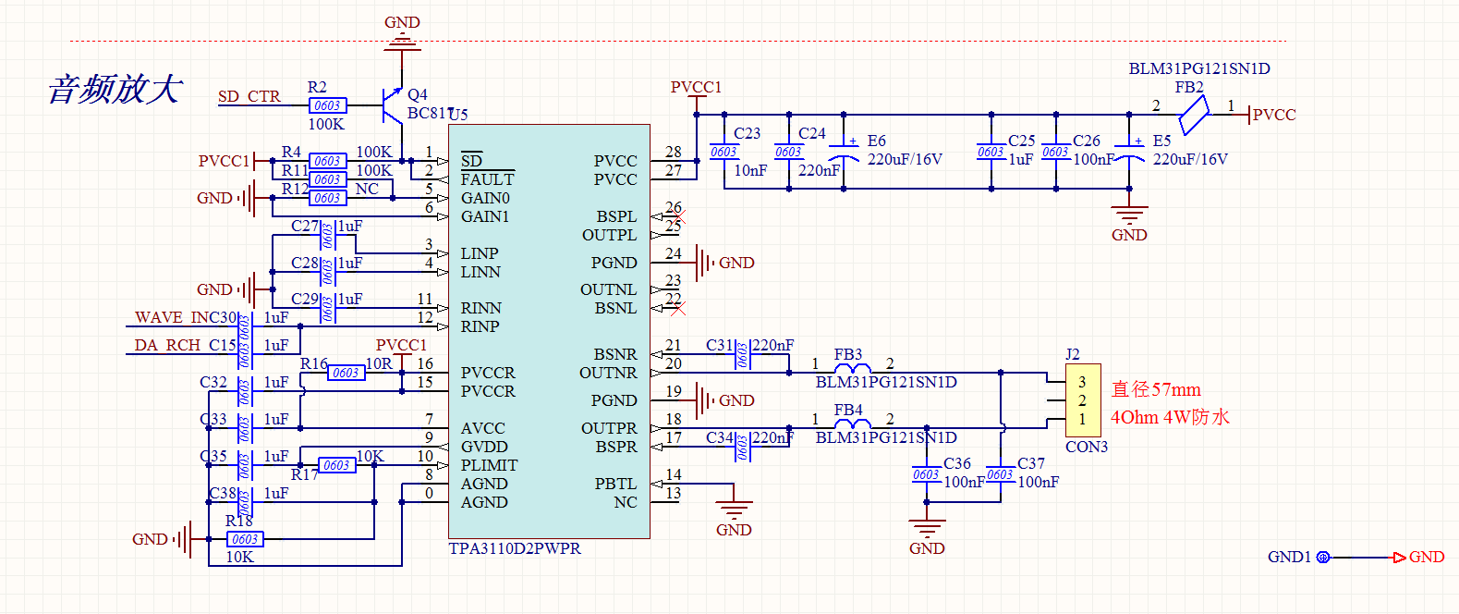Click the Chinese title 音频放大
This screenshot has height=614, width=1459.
click(115, 90)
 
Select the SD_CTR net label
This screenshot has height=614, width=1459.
click(249, 96)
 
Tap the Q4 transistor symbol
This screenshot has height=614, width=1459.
click(393, 105)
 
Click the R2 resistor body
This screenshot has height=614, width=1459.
click(327, 105)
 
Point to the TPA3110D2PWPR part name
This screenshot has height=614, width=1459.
click(515, 548)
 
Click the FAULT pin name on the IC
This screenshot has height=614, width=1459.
click(487, 179)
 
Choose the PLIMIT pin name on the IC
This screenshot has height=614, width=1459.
click(489, 465)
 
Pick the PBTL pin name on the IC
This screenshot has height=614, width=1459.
click(615, 484)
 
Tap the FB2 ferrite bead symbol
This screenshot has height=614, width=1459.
click(1194, 117)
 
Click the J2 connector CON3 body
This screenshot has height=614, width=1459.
click(1083, 400)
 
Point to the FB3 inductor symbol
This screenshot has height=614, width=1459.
click(852, 369)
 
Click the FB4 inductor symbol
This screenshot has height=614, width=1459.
click(852, 424)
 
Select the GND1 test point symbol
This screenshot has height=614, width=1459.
click(1322, 557)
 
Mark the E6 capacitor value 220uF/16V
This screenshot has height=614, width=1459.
click(904, 159)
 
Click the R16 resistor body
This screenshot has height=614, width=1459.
click(346, 373)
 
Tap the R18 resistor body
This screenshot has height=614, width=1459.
click(244, 539)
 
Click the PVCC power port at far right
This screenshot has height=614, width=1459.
click(1273, 115)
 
